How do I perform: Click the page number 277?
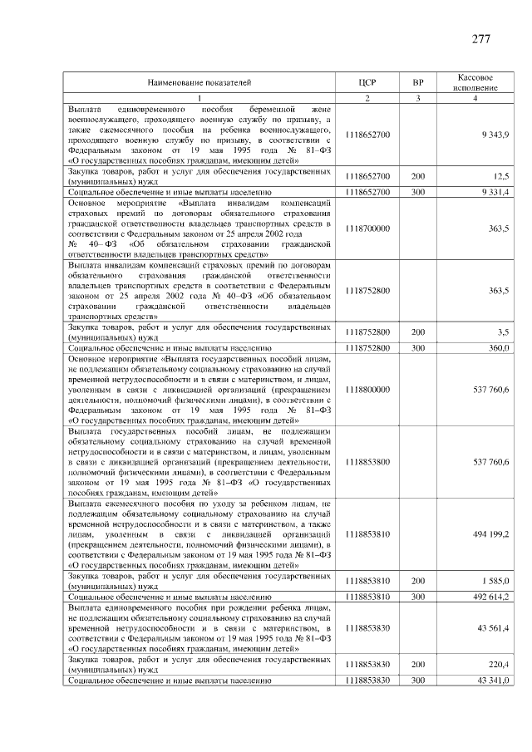coord(480,40)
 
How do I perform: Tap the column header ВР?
coord(418,82)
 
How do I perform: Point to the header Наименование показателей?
coord(199,82)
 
